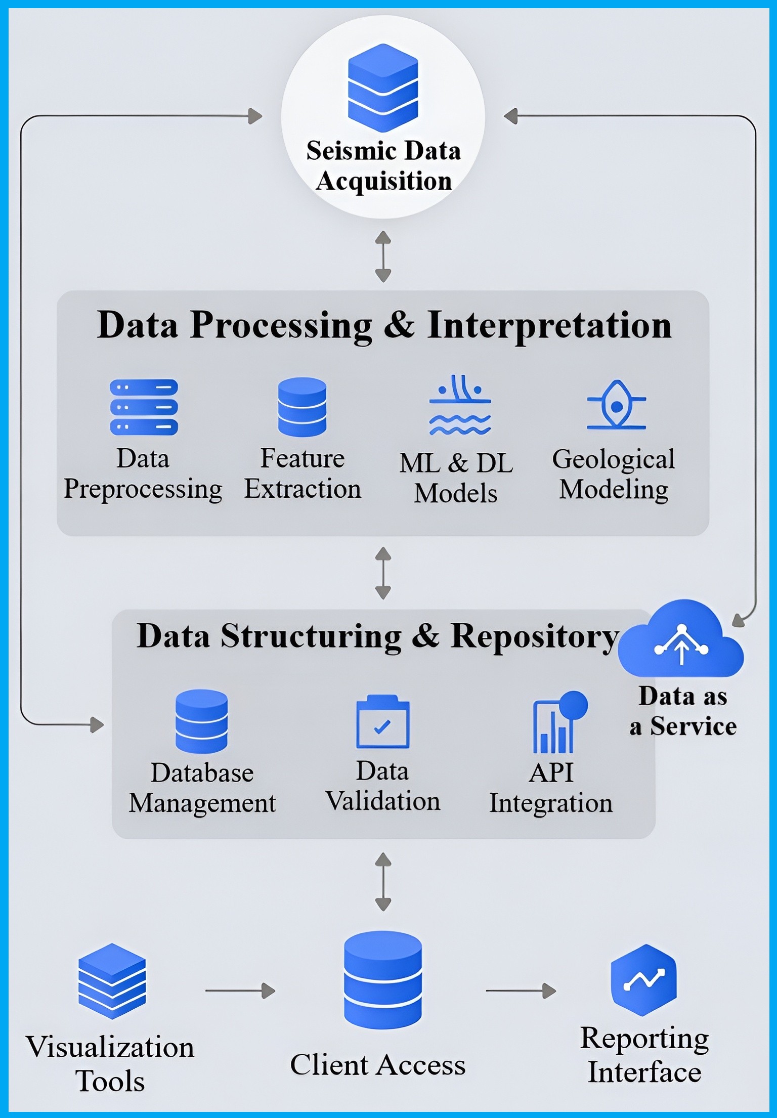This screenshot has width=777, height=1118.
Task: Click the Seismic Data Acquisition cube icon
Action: [383, 88]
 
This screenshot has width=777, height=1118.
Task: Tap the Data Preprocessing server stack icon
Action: [144, 407]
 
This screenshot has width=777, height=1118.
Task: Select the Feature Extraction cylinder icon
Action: [302, 407]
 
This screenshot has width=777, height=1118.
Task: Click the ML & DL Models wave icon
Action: [460, 405]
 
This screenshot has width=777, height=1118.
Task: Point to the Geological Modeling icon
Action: [616, 405]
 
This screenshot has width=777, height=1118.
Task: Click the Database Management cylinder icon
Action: [201, 721]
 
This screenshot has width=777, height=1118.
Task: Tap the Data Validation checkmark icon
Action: [383, 722]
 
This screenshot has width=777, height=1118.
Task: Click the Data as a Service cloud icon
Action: [681, 639]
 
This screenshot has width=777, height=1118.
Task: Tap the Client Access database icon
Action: [382, 979]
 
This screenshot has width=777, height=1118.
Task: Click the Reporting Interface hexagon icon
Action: [643, 979]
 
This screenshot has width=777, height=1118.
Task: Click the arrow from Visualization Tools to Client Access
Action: [240, 991]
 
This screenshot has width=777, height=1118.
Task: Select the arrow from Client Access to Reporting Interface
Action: [521, 991]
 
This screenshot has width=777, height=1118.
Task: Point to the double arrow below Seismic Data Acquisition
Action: [383, 256]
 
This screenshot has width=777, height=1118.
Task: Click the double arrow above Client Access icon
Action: [383, 882]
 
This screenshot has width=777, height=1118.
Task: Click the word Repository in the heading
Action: [534, 637]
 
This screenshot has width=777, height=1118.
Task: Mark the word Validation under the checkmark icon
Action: [383, 801]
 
